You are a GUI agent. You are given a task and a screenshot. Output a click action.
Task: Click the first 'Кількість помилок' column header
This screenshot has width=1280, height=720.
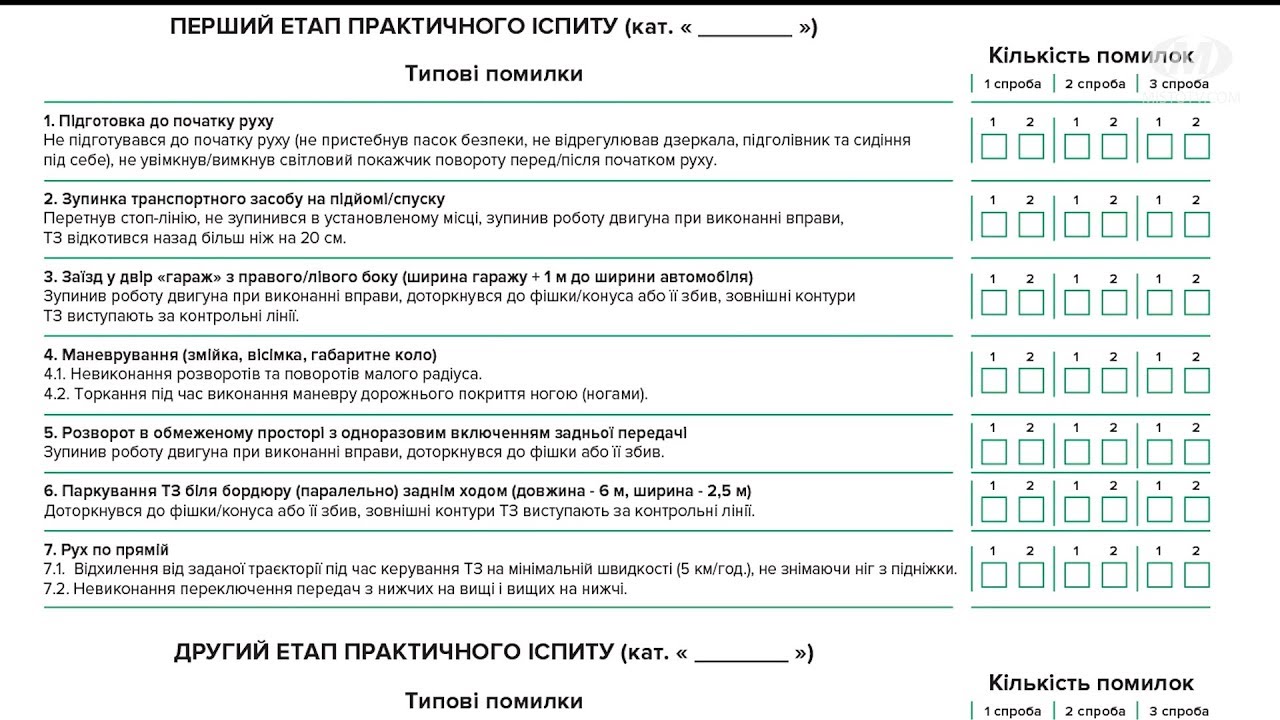1090,56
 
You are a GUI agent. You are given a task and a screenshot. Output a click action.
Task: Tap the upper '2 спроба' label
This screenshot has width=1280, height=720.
1094,84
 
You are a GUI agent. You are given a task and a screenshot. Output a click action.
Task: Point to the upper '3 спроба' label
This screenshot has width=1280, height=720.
1178,84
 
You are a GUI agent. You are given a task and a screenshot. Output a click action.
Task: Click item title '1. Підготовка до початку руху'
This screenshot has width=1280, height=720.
158,121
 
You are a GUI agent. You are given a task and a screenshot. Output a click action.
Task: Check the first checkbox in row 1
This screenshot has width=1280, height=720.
994,147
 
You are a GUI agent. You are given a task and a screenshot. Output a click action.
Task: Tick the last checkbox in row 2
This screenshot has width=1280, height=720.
1196,224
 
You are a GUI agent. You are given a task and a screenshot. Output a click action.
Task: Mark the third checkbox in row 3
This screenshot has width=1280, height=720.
1077,302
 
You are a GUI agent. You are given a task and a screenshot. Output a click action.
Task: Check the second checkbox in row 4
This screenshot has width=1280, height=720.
1031,380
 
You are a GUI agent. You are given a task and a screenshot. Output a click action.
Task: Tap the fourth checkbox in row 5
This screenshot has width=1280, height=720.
1113,453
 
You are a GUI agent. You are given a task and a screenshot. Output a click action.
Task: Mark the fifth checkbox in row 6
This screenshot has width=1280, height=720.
1159,510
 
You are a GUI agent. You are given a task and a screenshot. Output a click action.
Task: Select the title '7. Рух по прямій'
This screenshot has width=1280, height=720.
106,549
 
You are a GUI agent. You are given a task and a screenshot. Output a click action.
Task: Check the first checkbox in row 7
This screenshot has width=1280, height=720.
994,575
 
